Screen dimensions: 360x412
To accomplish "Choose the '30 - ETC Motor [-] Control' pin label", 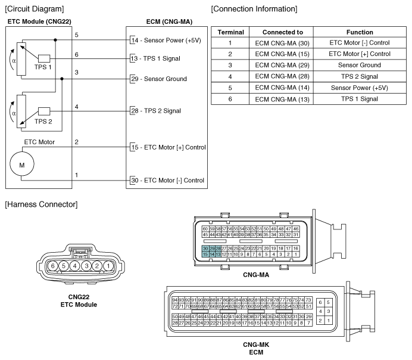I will click(x=167, y=180).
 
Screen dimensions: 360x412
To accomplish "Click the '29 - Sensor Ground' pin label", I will click(x=159, y=79).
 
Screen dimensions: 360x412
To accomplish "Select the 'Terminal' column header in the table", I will click(x=229, y=32).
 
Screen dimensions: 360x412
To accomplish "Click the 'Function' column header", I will click(x=359, y=32).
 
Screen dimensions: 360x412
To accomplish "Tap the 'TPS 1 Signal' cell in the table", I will click(x=359, y=98).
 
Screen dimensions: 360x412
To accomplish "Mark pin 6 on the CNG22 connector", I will click(x=54, y=265).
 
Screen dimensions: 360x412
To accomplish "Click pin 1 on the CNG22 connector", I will click(x=108, y=265).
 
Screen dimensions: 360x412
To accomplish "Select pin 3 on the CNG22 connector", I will click(x=86, y=265).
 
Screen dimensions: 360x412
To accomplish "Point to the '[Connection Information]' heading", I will click(x=254, y=8).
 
